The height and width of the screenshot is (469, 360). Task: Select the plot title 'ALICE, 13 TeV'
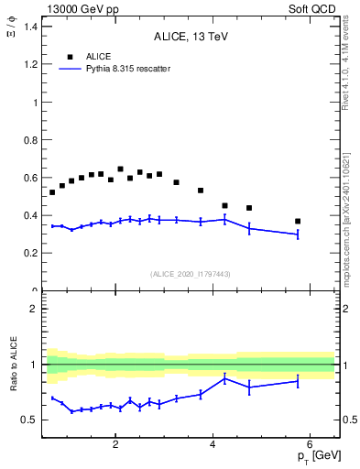pyautogui.click(x=190, y=37)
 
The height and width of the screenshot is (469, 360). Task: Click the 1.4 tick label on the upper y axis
pyautogui.click(x=31, y=27)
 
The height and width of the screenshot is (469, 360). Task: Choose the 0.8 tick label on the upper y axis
pyautogui.click(x=31, y=140)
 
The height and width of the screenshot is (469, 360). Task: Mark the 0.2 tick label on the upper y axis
pyautogui.click(x=31, y=254)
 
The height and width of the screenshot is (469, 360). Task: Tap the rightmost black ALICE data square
pyautogui.click(x=298, y=221)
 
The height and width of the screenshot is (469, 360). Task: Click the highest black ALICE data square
pyautogui.click(x=120, y=169)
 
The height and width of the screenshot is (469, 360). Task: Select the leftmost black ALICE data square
pyautogui.click(x=52, y=192)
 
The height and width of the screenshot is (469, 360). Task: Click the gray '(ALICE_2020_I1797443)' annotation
pyautogui.click(x=190, y=273)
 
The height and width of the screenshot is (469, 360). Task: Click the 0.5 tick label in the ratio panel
pyautogui.click(x=30, y=420)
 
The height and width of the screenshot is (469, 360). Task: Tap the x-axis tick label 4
pyautogui.click(x=213, y=445)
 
